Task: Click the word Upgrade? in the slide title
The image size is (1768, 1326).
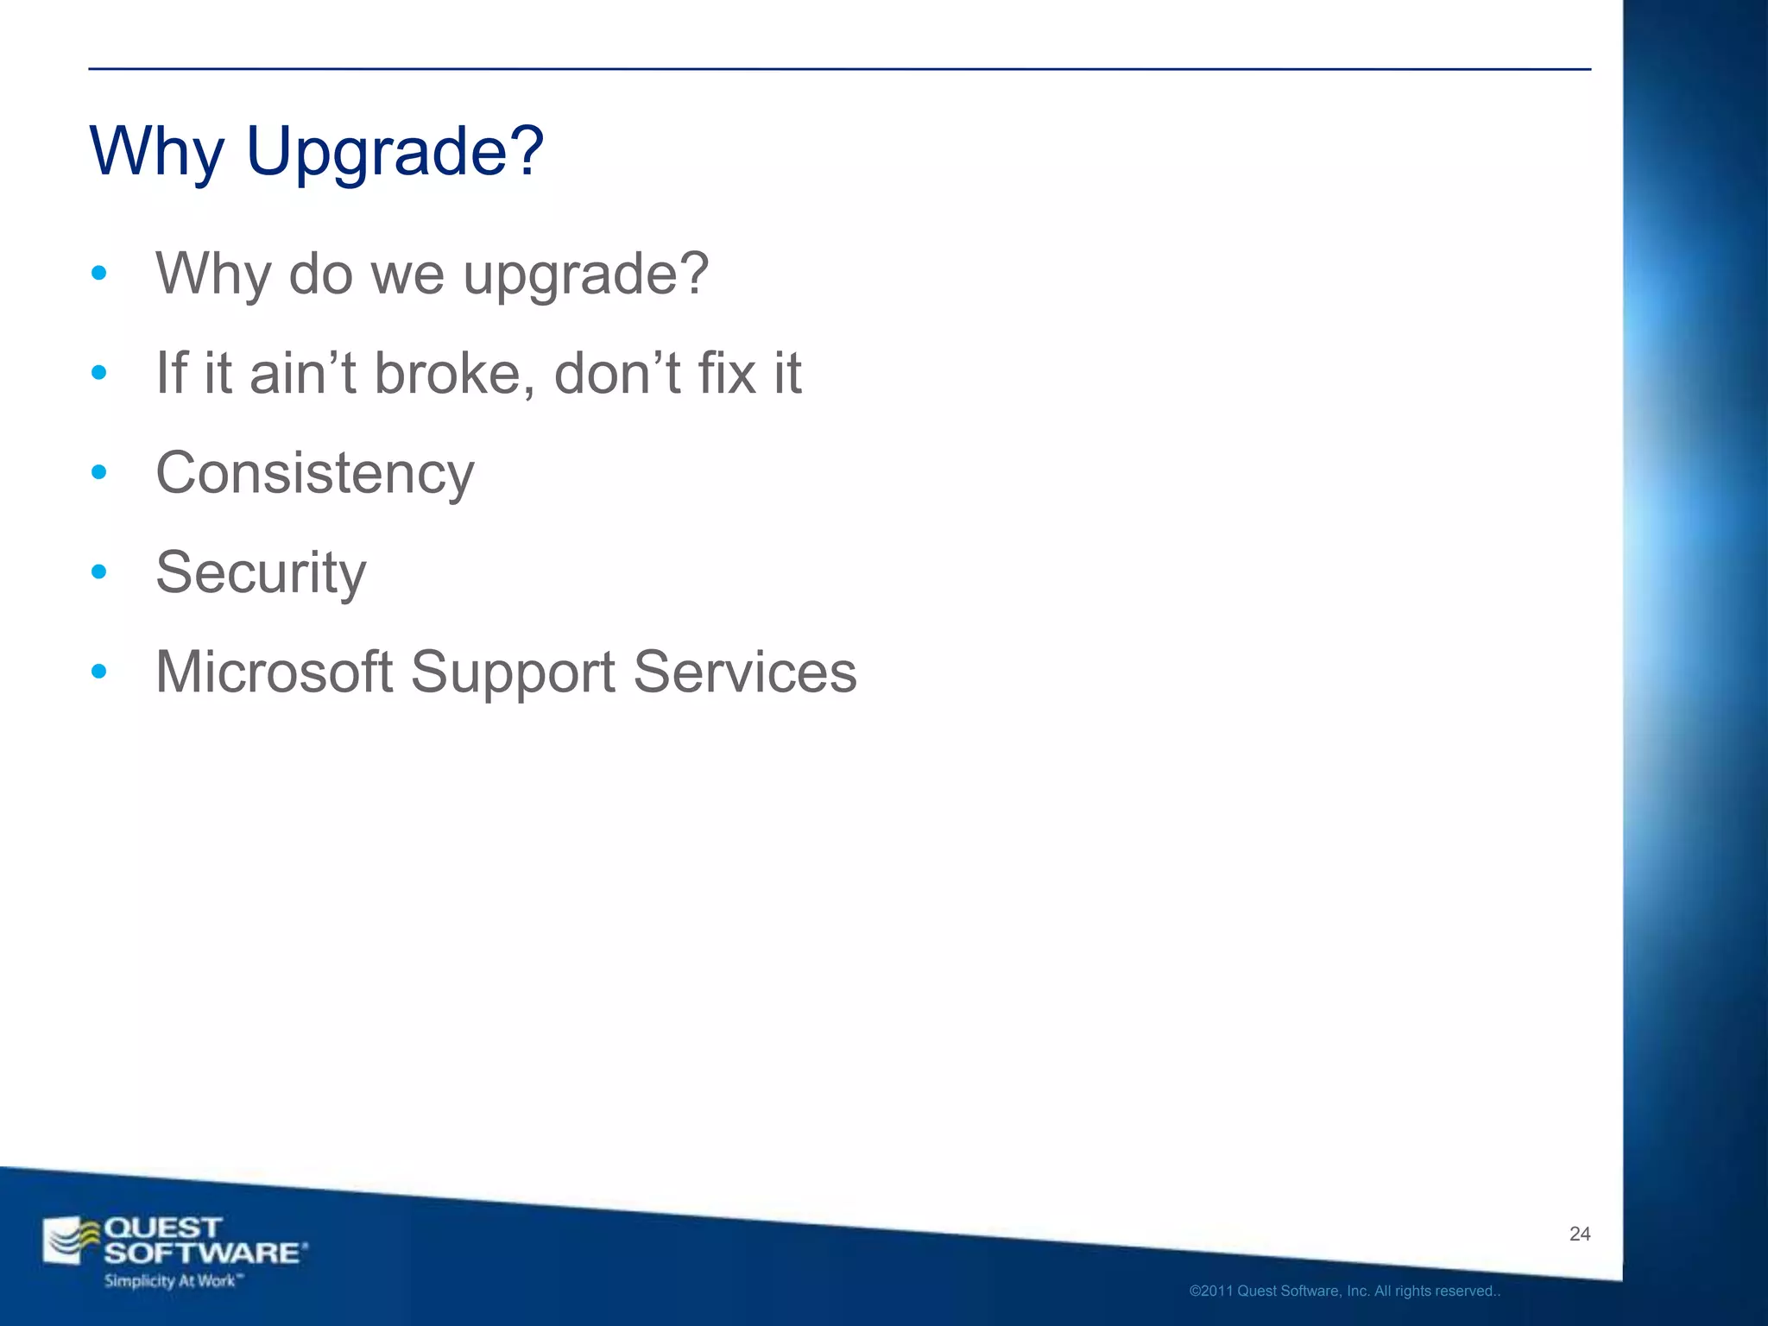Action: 395,152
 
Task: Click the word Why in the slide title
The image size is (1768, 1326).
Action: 156,152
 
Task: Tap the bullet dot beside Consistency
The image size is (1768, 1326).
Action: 99,472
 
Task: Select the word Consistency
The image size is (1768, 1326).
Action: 315,474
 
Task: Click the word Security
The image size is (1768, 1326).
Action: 261,573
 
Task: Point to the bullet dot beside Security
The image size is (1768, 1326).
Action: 99,571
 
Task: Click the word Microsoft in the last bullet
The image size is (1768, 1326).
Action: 275,672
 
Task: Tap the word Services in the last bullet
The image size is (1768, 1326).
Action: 745,672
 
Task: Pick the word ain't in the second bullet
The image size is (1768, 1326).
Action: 302,374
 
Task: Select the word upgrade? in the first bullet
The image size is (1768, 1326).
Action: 585,275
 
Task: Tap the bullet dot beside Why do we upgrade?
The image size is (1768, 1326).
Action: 99,274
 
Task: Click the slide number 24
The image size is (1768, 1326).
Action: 1580,1234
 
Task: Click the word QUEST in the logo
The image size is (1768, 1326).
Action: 162,1228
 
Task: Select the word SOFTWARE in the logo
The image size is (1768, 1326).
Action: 204,1253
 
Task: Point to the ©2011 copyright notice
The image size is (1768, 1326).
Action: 1344,1291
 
